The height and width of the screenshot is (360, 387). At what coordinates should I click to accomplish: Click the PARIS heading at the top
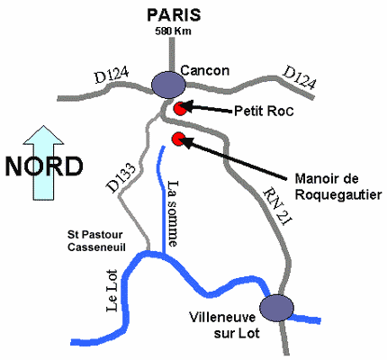[174, 15]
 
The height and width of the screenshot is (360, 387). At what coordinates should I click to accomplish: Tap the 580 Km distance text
[173, 31]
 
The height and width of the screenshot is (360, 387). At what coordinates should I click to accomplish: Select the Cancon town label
[205, 71]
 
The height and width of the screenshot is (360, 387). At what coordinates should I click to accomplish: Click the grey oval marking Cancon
[168, 85]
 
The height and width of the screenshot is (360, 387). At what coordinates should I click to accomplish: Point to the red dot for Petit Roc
[180, 109]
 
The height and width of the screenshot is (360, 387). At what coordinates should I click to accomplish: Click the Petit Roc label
[264, 111]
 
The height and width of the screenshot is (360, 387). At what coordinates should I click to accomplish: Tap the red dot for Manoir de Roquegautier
[179, 139]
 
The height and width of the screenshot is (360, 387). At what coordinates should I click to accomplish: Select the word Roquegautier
[338, 195]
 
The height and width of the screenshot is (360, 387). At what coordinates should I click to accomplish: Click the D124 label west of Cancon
[112, 76]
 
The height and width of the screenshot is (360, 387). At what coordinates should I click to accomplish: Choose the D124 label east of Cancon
[300, 77]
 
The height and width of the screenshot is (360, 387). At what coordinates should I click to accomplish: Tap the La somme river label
[173, 213]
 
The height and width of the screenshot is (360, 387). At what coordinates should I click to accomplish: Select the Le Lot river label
[112, 291]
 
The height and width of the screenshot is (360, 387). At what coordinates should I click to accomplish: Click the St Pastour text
[95, 235]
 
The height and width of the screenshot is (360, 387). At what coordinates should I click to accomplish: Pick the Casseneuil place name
[96, 247]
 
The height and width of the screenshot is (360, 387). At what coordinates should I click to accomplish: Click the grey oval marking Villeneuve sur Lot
[276, 308]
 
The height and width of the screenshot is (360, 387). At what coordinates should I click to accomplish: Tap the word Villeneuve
[222, 318]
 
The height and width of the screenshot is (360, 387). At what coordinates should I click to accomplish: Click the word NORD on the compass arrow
[44, 166]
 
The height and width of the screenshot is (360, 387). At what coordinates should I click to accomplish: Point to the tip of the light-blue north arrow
[43, 126]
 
